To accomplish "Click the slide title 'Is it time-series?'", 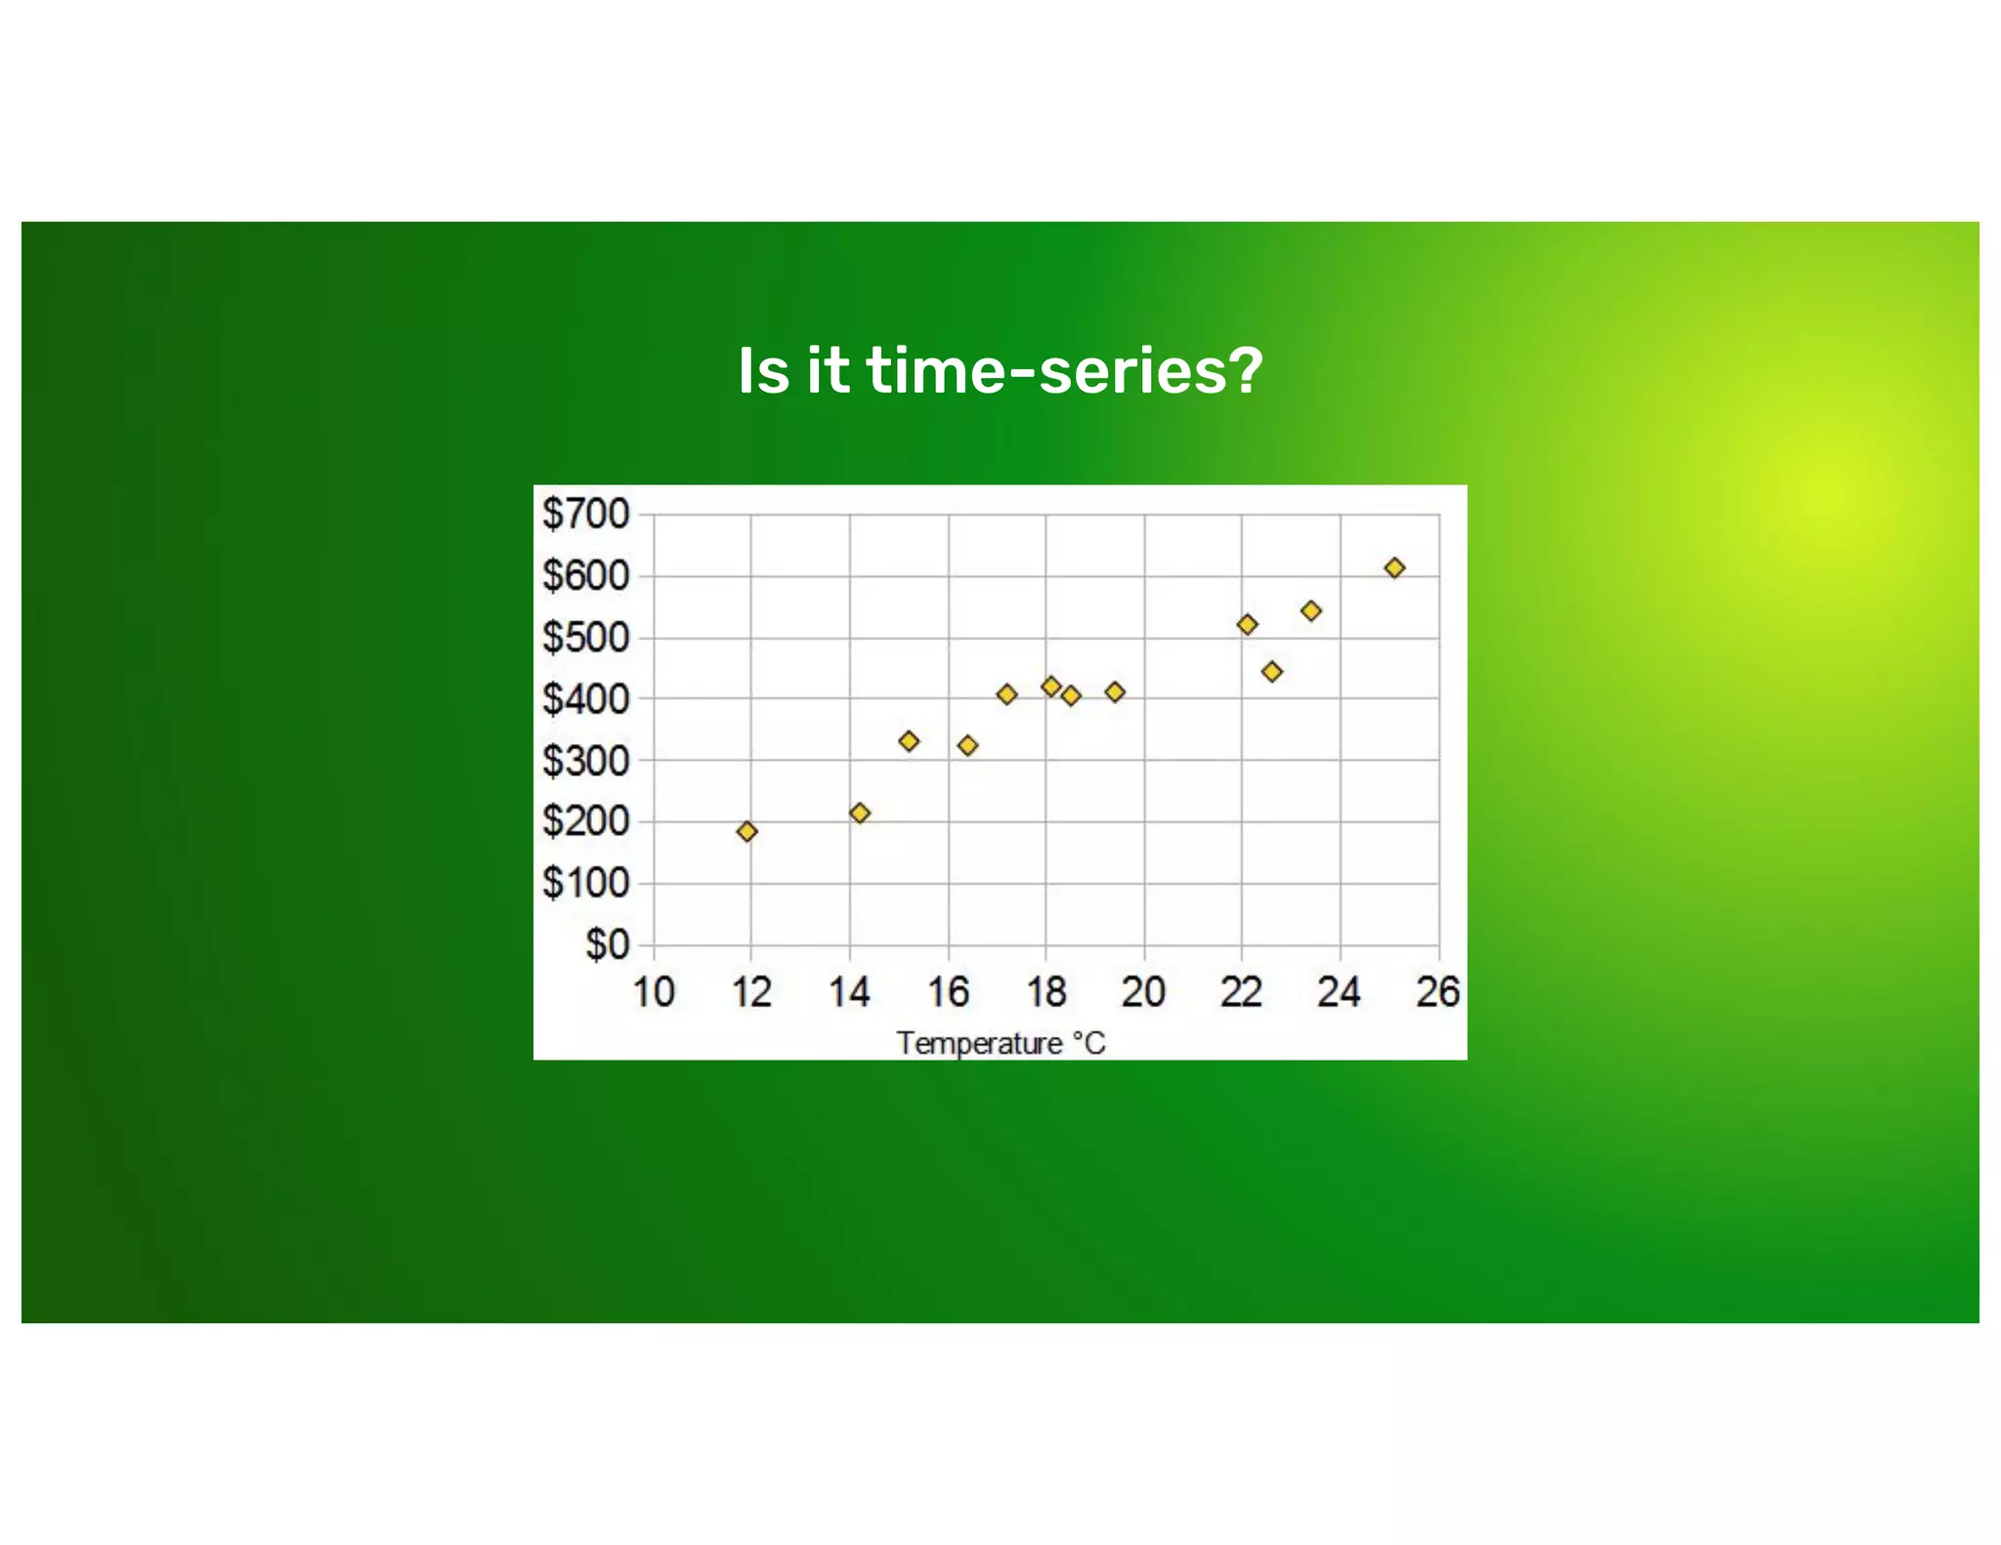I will pyautogui.click(x=1000, y=371).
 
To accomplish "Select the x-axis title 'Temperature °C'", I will pyautogui.click(x=1000, y=1043).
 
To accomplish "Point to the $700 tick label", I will pyautogui.click(x=585, y=514).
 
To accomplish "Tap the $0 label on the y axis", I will pyautogui.click(x=607, y=944).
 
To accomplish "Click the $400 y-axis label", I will pyautogui.click(x=585, y=699).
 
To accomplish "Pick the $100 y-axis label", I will pyautogui.click(x=585, y=883).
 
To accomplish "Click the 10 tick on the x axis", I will pyautogui.click(x=654, y=992).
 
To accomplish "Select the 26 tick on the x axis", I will pyautogui.click(x=1437, y=992).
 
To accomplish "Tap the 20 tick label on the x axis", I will pyautogui.click(x=1143, y=992).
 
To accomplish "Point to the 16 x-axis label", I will pyautogui.click(x=947, y=992).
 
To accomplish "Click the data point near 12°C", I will pyautogui.click(x=747, y=831).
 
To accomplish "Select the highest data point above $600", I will pyautogui.click(x=1394, y=567).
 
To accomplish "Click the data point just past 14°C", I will pyautogui.click(x=860, y=813).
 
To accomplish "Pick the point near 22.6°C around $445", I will pyautogui.click(x=1271, y=671).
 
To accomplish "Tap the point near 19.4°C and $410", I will pyautogui.click(x=1115, y=691).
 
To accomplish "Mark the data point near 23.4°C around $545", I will pyautogui.click(x=1311, y=610).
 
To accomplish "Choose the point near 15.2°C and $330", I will pyautogui.click(x=909, y=741).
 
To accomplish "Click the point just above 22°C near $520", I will pyautogui.click(x=1247, y=624).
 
